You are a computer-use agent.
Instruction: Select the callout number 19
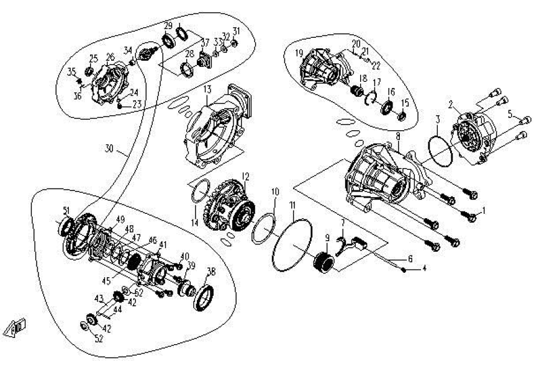point(299,52)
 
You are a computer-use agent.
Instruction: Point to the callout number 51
point(66,210)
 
